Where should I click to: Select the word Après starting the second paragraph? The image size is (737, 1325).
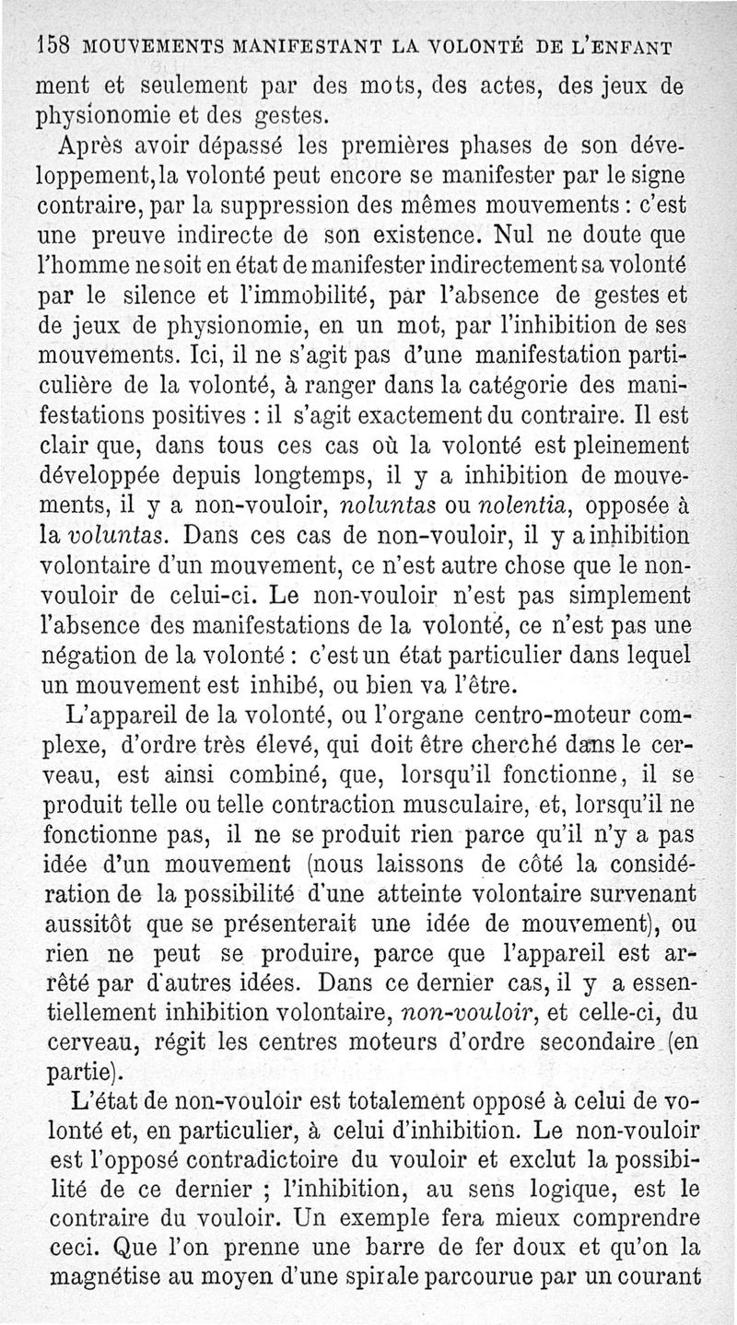94,145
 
